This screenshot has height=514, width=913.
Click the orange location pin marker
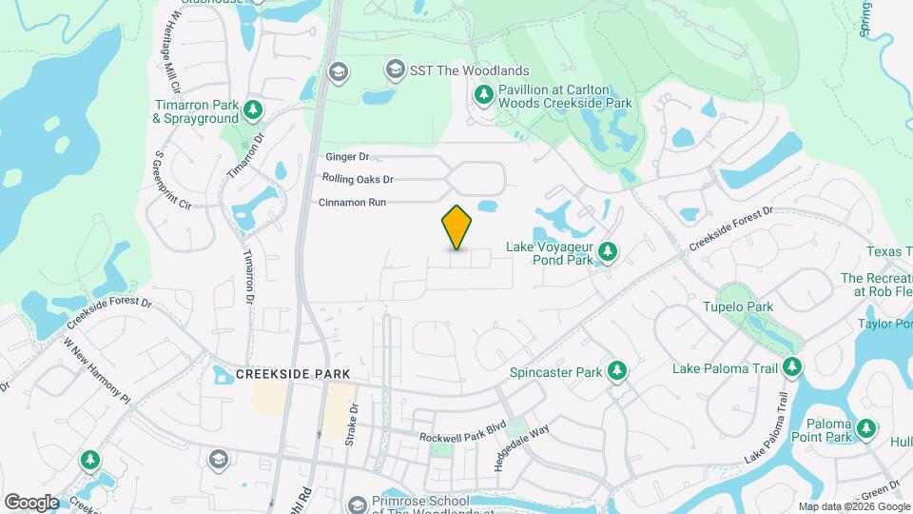456,227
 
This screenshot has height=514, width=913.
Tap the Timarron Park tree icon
252,110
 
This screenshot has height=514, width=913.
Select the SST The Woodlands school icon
395,69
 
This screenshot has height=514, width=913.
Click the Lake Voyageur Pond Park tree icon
609,252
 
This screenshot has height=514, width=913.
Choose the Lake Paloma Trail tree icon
791,367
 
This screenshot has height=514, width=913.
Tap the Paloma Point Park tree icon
866,430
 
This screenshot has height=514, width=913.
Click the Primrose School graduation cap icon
358,503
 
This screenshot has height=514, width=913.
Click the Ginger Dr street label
347,157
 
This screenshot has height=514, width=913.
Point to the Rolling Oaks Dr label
358,179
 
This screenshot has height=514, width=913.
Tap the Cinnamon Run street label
352,203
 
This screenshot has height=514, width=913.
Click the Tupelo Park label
737,306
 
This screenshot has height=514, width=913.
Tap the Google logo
31,502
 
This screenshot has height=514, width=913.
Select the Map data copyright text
851,506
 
